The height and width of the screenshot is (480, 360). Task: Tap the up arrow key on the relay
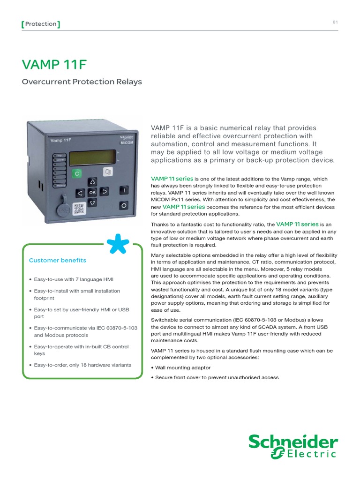92,181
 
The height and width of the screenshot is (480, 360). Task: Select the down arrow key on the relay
92,202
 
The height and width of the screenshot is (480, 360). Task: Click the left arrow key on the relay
80,192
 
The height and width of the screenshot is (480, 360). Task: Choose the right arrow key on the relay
105,191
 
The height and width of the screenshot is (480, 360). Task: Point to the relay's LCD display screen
92,157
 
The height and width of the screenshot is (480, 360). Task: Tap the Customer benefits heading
58,260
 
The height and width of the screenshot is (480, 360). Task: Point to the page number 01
335,22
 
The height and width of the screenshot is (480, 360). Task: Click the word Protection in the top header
41,24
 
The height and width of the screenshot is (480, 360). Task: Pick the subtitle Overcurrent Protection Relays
82,82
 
